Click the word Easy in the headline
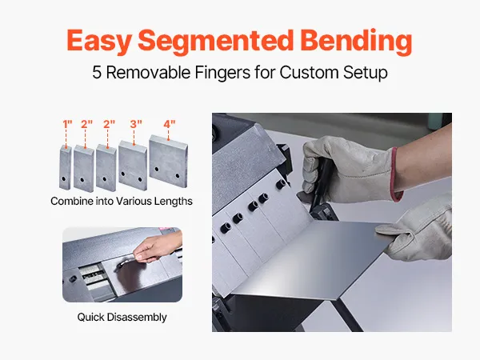tap(99, 41)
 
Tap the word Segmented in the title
tap(216, 41)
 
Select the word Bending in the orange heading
tap(356, 41)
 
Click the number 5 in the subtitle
tap(97, 73)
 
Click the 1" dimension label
tap(67, 124)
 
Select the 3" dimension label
tap(136, 124)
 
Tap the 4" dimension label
tap(170, 124)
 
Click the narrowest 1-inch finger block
tap(66, 167)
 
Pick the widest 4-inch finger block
tap(168, 161)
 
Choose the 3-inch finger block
tap(133, 166)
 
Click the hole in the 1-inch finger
tap(63, 178)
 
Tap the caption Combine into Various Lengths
tap(122, 201)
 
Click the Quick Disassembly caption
tap(122, 317)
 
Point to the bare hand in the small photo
tap(158, 246)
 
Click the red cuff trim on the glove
tap(396, 174)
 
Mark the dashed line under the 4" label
tap(168, 134)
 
